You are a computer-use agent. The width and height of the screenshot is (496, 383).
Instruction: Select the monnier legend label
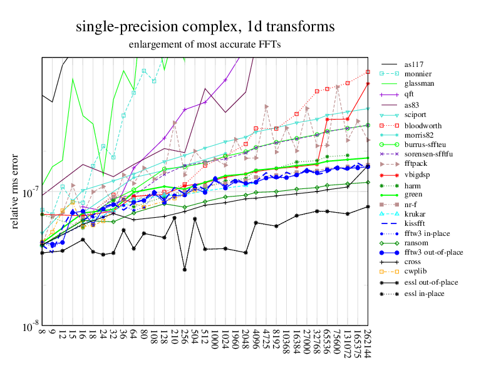pos(419,73)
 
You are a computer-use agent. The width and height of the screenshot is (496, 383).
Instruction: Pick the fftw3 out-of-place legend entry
pos(433,252)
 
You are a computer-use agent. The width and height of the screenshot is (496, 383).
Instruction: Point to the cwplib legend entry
pos(416,272)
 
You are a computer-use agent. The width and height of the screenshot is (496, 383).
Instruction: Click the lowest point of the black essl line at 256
pos(185,269)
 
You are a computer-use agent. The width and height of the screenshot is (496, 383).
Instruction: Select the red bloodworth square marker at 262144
pos(368,72)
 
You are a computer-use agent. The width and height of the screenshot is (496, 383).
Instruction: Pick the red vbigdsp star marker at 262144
pos(368,83)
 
